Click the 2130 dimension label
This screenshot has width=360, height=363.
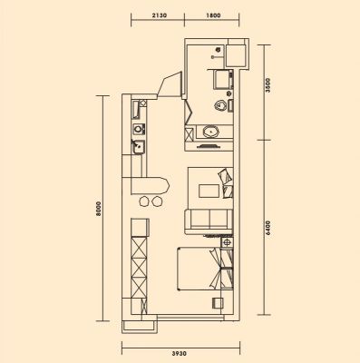[x=160, y=15]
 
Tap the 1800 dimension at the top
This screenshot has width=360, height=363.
[x=213, y=15]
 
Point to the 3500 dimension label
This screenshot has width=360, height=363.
[x=266, y=85]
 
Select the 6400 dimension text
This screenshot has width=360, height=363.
[x=266, y=229]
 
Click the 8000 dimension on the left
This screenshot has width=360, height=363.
[x=99, y=209]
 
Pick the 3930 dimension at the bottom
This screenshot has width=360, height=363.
[x=180, y=353]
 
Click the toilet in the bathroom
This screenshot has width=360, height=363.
[x=220, y=105]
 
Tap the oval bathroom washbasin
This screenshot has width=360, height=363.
[x=210, y=132]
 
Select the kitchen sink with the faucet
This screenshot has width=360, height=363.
[x=138, y=147]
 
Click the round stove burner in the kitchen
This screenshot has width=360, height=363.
[x=138, y=130]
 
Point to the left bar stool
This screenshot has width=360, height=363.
[x=144, y=201]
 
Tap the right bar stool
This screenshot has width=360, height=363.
[x=157, y=201]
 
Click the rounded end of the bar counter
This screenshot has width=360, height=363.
[x=166, y=186]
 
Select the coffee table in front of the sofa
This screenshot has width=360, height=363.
[x=209, y=191]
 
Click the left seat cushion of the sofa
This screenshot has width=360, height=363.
[x=199, y=219]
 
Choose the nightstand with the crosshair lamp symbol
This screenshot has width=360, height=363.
[x=227, y=242]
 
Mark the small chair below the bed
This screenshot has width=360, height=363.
[x=218, y=303]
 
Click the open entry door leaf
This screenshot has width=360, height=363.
[x=169, y=84]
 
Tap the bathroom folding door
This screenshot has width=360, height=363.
[x=188, y=112]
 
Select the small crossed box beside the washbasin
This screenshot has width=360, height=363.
[x=189, y=133]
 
